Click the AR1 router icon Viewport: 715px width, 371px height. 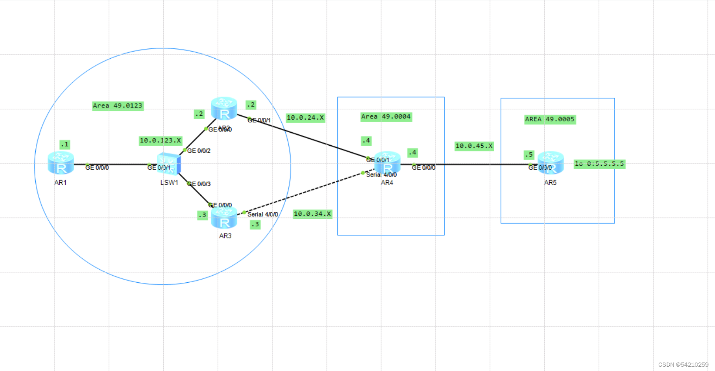coord(61,164)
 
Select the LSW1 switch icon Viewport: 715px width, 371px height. coord(169,164)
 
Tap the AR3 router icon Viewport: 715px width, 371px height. coord(224,218)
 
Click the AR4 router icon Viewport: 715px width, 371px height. coord(388,164)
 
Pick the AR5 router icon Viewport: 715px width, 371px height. coord(550,163)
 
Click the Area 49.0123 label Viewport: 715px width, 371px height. coord(118,106)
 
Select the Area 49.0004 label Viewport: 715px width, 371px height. coord(386,117)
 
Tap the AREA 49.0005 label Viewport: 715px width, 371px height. coord(550,119)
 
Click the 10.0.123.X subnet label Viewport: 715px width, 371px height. coord(160,140)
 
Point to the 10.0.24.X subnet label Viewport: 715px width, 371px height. coord(305,118)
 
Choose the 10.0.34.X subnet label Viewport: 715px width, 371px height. coord(312,214)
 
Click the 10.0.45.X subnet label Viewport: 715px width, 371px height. coord(474,146)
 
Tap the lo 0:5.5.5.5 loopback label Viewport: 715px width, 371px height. coord(599,164)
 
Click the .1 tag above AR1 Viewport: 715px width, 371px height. coord(64,144)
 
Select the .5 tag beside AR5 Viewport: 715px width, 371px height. coord(529,154)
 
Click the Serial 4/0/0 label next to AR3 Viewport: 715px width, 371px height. coord(263,214)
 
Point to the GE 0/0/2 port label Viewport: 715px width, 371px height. coord(199,151)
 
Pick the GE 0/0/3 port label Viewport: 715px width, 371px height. coord(199,184)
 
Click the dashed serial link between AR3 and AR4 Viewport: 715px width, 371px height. coord(305,193)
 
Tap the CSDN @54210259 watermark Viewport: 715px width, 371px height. coord(683,364)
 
